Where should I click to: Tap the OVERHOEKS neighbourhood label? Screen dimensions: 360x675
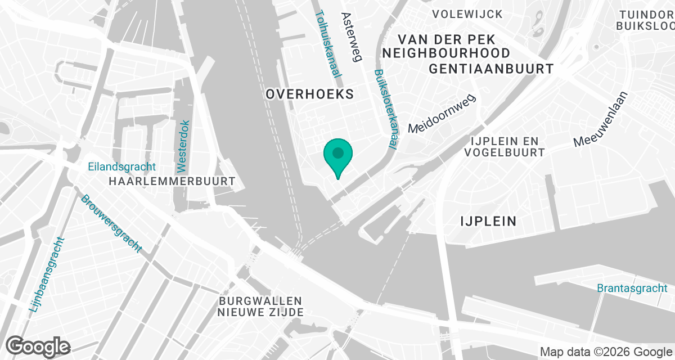click(310, 94)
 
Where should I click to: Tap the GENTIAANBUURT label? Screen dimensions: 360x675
click(491, 69)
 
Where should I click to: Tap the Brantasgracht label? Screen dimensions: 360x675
click(632, 288)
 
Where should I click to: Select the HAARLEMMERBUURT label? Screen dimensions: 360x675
click(171, 181)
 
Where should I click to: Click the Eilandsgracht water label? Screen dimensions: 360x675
click(122, 167)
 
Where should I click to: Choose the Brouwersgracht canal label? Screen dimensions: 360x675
click(111, 223)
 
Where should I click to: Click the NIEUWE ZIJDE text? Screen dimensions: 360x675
click(261, 312)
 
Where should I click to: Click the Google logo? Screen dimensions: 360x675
click(38, 346)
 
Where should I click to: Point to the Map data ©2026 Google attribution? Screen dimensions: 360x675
click(606, 352)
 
